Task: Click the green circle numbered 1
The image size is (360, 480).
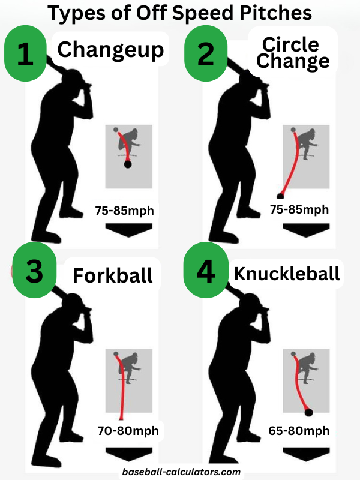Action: [x=25, y=54]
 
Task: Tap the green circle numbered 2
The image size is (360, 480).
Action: [x=206, y=54]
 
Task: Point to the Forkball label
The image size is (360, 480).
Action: [x=113, y=275]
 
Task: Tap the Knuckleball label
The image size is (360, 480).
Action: [x=287, y=273]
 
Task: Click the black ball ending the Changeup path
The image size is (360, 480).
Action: [x=127, y=164]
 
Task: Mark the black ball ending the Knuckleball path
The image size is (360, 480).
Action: [x=308, y=412]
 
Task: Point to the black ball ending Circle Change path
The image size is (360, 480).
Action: [x=280, y=195]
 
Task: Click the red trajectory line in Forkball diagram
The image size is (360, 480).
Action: [x=122, y=390]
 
